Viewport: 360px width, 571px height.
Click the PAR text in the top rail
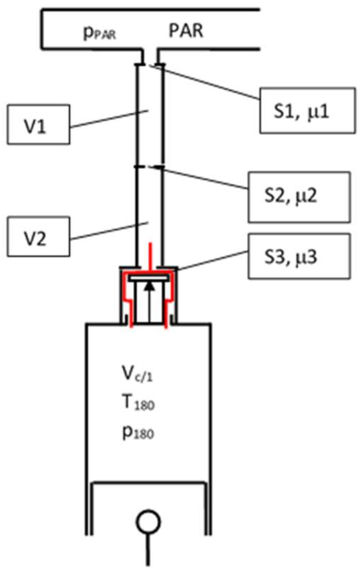tap(186, 30)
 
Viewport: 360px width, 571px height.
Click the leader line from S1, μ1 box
tap(205, 83)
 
